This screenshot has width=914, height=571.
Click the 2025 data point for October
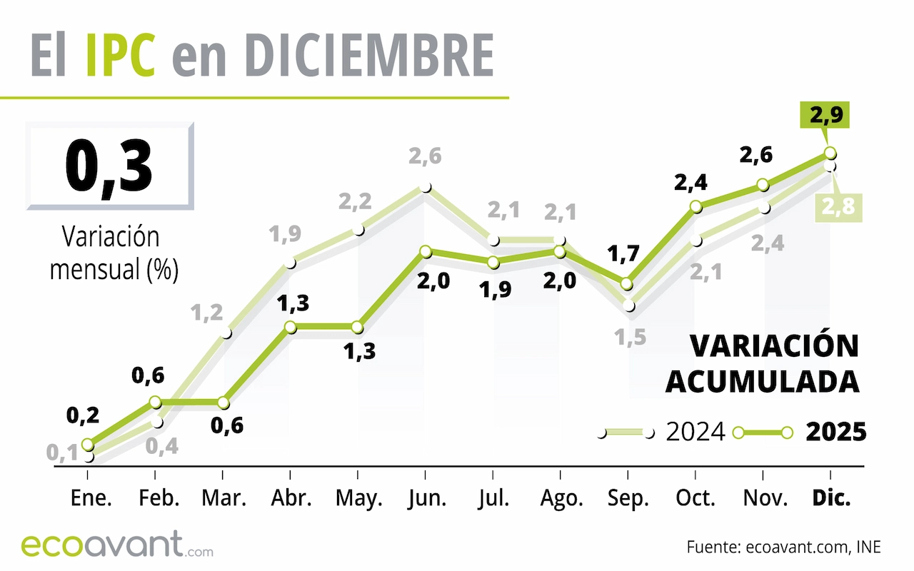(x=695, y=207)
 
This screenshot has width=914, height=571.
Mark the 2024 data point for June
(x=426, y=188)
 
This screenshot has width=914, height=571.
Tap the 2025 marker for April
(x=290, y=327)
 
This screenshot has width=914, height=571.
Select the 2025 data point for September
(x=627, y=283)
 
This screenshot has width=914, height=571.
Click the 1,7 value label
(x=625, y=253)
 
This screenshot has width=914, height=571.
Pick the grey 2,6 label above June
(x=426, y=156)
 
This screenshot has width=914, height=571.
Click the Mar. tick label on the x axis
(x=223, y=499)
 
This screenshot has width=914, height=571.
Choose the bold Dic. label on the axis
(x=831, y=499)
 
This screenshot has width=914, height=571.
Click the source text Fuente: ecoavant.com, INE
(x=783, y=548)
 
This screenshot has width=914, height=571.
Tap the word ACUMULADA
(x=762, y=382)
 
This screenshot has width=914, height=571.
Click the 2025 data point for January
(x=87, y=444)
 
